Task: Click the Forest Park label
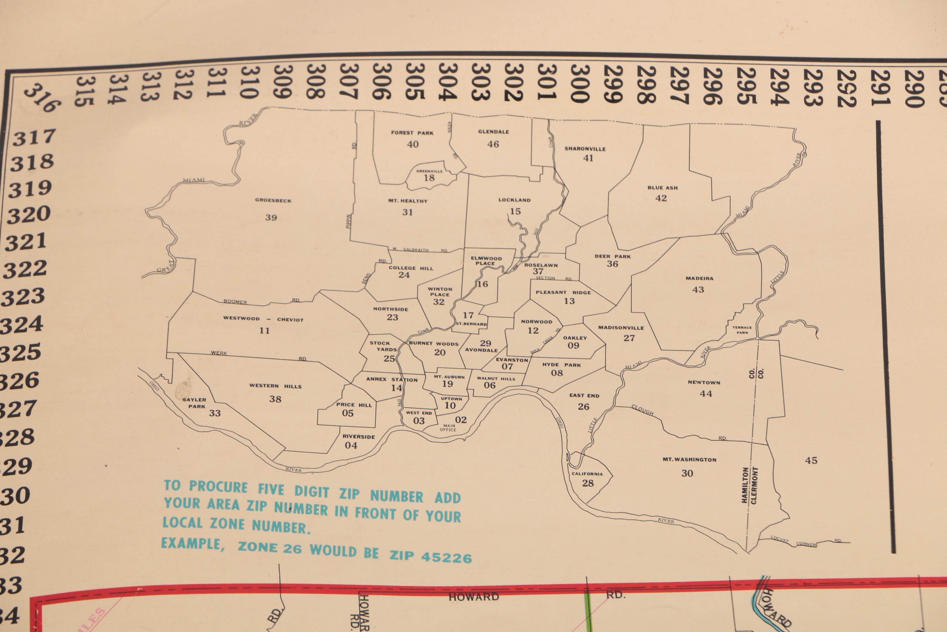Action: pos(412,133)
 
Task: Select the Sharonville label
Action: pos(585,149)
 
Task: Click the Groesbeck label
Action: pos(273,200)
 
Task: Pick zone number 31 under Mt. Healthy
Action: pos(408,212)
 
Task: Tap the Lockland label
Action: pos(514,200)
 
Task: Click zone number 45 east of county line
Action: pos(811,460)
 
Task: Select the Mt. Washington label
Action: pos(689,459)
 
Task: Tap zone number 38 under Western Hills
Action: pos(275,399)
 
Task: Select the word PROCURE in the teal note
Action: pos(218,487)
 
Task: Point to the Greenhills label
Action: pos(429,171)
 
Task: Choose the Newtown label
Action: pos(704,383)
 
